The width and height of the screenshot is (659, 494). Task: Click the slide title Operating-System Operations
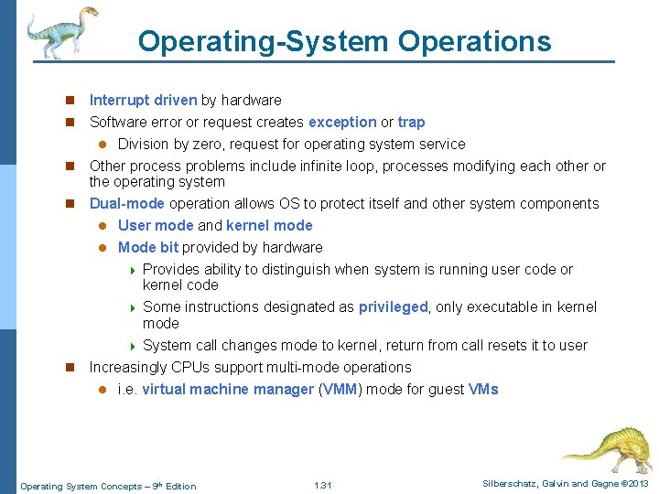click(x=344, y=41)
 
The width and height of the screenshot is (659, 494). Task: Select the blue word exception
click(x=342, y=122)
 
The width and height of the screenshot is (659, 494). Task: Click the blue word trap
click(x=411, y=122)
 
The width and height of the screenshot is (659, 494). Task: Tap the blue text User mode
click(x=156, y=225)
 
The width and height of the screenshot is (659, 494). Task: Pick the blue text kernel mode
click(x=269, y=225)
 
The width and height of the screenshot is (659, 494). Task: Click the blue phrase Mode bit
click(x=149, y=247)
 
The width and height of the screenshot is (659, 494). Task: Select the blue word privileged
click(x=393, y=306)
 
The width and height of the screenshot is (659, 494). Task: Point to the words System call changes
click(x=201, y=345)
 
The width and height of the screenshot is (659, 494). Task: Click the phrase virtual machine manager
click(x=228, y=389)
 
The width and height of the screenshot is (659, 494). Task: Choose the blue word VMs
click(x=483, y=389)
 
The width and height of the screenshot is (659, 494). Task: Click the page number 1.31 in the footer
click(x=322, y=485)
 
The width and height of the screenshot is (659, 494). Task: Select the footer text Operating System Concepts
click(x=82, y=486)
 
